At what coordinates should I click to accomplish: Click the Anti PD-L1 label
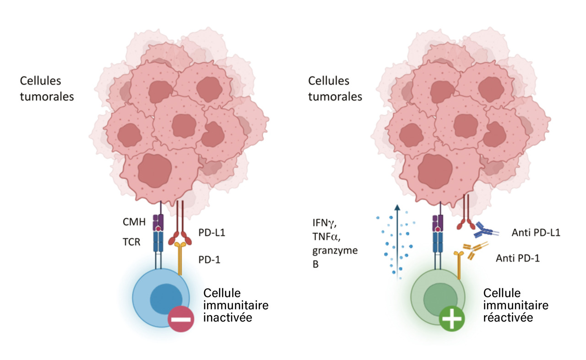(536, 232)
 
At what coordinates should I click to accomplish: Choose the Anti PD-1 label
(517, 258)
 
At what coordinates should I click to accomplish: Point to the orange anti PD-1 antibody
(476, 251)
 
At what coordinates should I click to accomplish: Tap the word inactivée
(228, 317)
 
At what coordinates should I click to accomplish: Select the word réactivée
(508, 317)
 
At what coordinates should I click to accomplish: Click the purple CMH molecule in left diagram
(158, 222)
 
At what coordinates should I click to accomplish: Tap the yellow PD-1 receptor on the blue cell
(180, 258)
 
